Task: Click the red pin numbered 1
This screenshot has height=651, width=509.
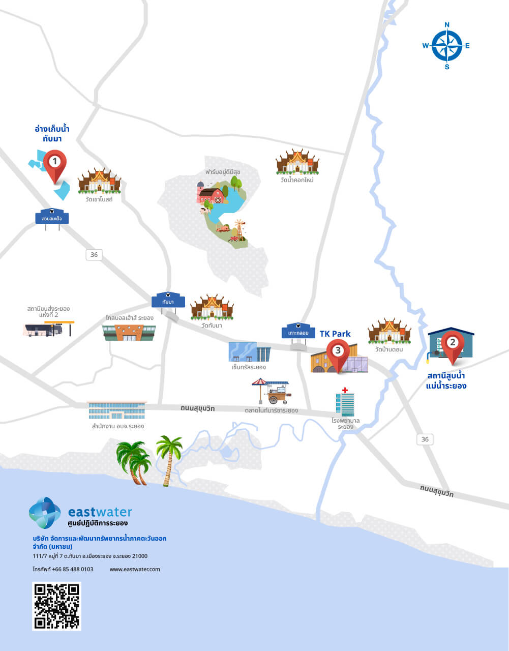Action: [54, 164]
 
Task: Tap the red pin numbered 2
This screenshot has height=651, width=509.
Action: [452, 344]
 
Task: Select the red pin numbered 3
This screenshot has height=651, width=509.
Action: [338, 352]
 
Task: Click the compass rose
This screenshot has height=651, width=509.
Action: [447, 46]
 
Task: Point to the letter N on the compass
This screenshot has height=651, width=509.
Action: [447, 24]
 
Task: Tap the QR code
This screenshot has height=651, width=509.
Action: [56, 606]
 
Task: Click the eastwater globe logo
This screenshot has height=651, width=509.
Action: [45, 513]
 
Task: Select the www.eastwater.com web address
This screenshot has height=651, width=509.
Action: [135, 569]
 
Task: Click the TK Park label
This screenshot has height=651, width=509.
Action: [335, 334]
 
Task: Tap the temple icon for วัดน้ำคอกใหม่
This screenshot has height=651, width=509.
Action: [297, 162]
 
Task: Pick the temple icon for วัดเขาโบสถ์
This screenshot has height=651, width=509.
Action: [99, 182]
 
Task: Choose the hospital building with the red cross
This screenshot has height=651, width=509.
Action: [345, 402]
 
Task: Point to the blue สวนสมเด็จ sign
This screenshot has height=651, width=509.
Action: [52, 218]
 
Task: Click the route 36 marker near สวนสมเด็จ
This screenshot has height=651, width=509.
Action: [94, 254]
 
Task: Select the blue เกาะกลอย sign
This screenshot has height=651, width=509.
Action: [298, 333]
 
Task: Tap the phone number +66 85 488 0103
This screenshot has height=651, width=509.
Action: [63, 569]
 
